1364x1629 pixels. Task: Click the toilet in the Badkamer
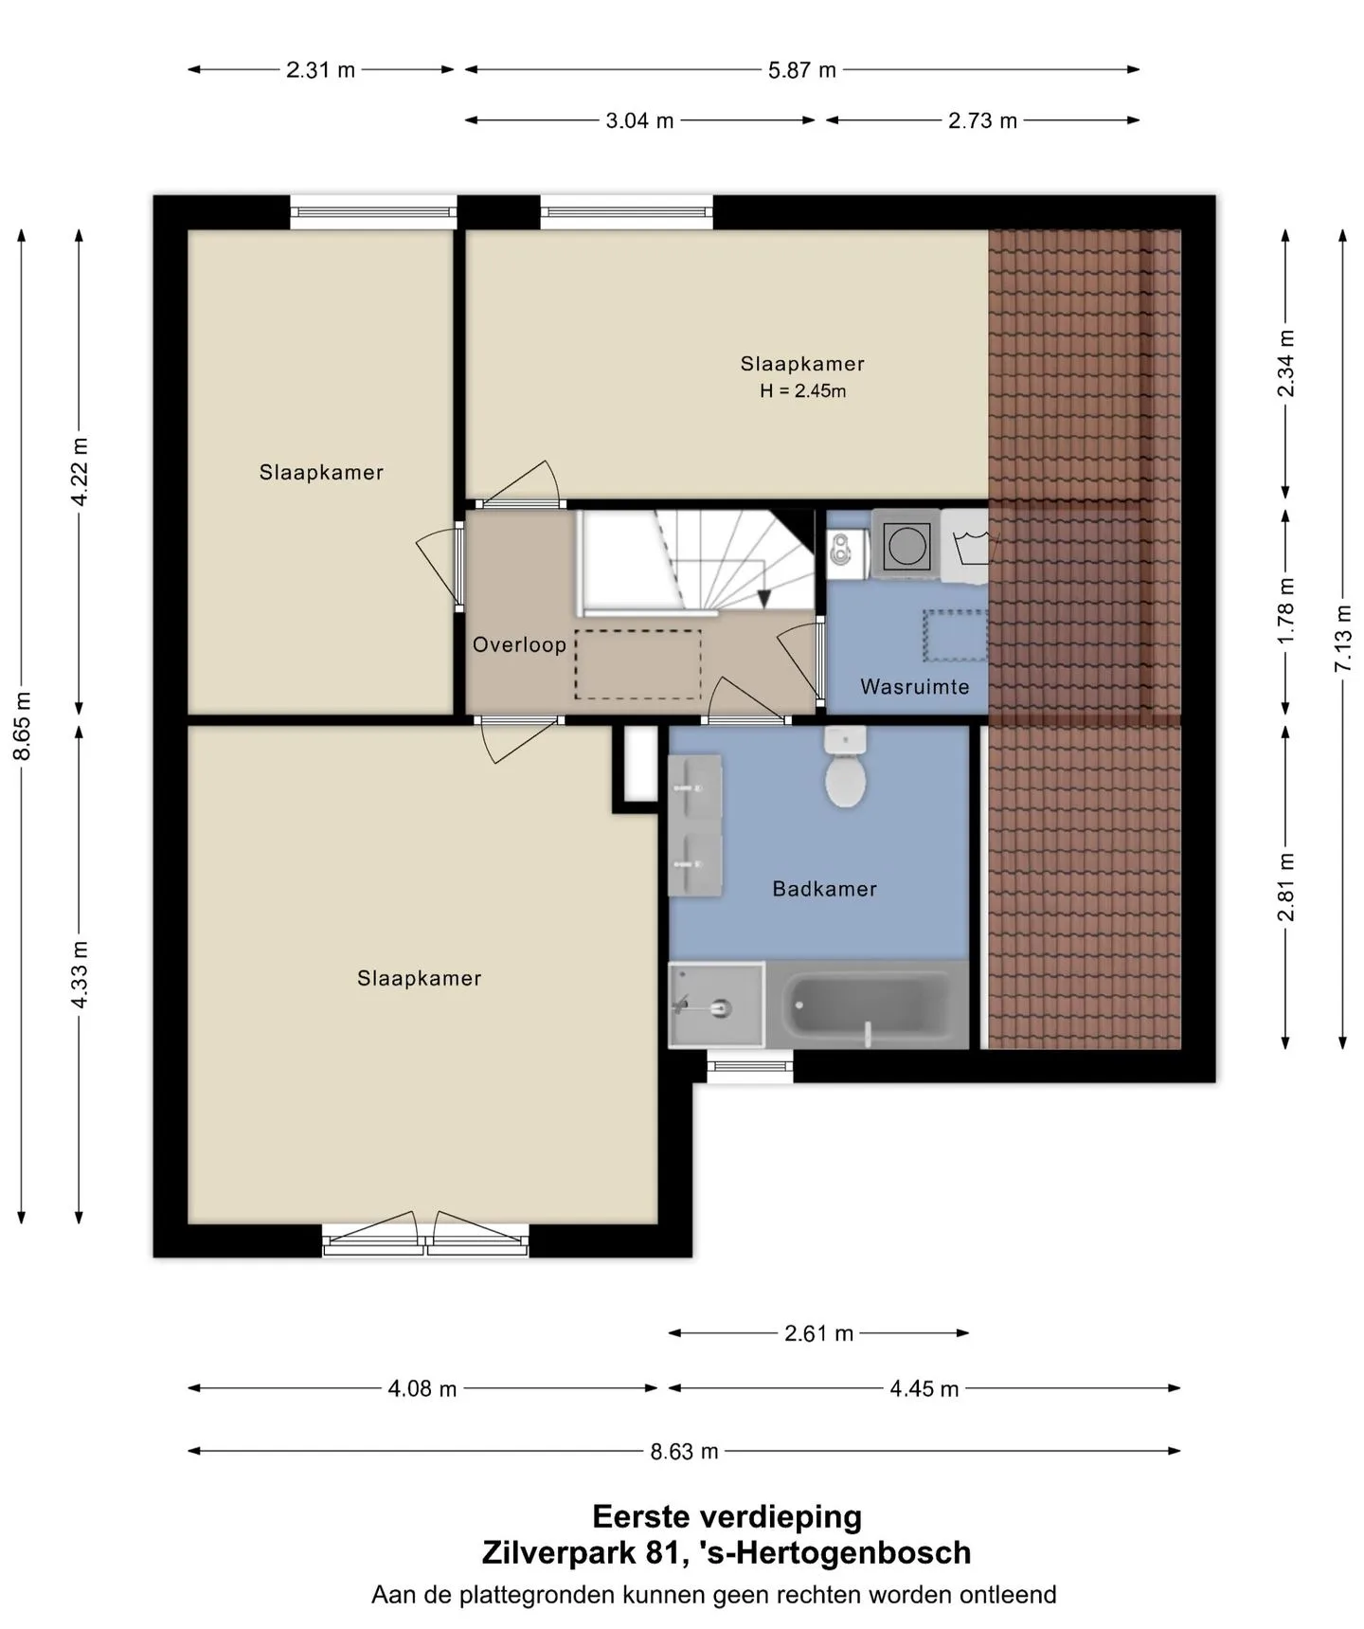(x=845, y=767)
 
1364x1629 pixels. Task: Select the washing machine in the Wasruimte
(x=906, y=544)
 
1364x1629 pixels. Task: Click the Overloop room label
(x=519, y=644)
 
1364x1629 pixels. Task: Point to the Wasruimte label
(x=915, y=686)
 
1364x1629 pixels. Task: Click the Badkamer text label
(x=824, y=889)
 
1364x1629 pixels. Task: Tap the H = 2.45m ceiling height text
(x=803, y=390)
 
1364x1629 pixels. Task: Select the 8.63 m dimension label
(x=684, y=1451)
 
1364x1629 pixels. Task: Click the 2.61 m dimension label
(x=818, y=1333)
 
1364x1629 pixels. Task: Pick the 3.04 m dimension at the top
(x=639, y=120)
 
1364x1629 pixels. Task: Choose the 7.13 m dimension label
(x=1343, y=639)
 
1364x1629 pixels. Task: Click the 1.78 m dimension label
(x=1285, y=610)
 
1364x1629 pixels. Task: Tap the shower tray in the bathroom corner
(x=716, y=1005)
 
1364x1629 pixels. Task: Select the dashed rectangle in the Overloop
(x=637, y=665)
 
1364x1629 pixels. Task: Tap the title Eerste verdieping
(x=727, y=1516)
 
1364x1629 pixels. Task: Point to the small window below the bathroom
(x=750, y=1070)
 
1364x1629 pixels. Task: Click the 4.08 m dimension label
(x=422, y=1388)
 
